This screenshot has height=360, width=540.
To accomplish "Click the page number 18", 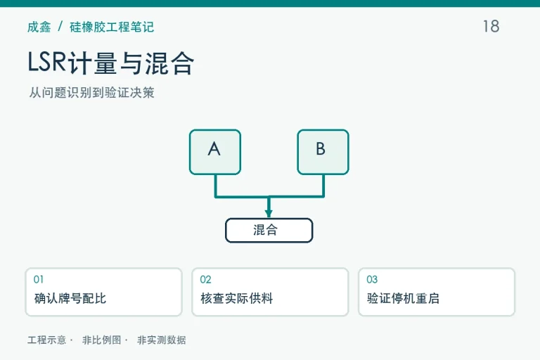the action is pos(491,26).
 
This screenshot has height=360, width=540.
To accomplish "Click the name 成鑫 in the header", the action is pos(39,27).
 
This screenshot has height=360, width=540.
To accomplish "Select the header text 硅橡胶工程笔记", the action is pos(112,27).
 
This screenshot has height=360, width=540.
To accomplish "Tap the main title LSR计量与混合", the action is pos(110,63).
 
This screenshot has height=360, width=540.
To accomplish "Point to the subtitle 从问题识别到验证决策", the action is pos(91,92).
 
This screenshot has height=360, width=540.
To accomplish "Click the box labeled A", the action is pos(215,152).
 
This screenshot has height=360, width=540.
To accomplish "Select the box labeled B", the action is pos(323,152).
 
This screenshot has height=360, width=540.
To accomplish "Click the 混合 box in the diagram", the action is pos(269,230).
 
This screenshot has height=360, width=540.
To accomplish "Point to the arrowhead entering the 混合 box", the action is pos(269,213).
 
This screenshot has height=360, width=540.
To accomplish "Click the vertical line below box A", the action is pos(216,186).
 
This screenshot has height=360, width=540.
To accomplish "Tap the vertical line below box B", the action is pos(323,186).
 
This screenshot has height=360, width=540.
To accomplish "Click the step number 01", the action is pos(39,279).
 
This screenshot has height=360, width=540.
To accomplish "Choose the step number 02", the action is pos(205,279).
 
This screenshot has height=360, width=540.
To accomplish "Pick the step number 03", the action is pos(372,279).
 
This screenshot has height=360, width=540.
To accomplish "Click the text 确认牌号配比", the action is pos(70,298).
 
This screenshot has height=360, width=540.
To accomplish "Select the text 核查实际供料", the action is pos(237,298).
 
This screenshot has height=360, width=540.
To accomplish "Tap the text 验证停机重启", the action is pos(404,298).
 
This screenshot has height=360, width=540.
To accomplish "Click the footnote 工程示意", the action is pos(47,340).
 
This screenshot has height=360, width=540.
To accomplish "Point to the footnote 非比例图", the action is pos(101,340).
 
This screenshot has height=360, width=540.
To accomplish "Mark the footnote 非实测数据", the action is pos(162,340).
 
